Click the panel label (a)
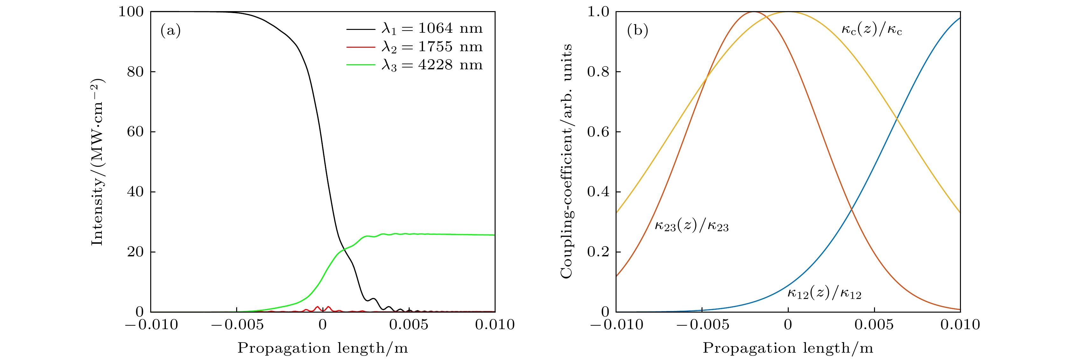point(170,30)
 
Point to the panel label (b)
point(637,30)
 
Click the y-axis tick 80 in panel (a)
point(135,72)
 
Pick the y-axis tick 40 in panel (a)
point(135,192)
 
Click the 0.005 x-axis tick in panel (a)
point(408,325)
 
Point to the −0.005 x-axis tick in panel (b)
point(702,325)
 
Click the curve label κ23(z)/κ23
point(691,226)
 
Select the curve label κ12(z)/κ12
point(824,294)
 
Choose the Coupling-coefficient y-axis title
point(567,161)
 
